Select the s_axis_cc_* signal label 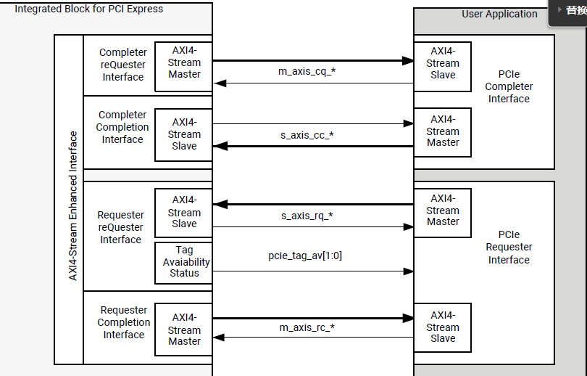[x=307, y=135]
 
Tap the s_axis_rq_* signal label [x=307, y=216]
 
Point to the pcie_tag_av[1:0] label [x=305, y=256]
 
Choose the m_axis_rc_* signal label [x=307, y=327]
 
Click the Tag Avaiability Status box [x=183, y=262]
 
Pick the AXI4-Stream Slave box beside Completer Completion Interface [x=184, y=134]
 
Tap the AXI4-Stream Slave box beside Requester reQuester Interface [x=184, y=212]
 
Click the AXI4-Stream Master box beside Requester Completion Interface [x=184, y=330]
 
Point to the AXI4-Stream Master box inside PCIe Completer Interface [x=442, y=131]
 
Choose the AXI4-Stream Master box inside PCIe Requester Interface [x=442, y=211]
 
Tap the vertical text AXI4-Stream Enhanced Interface [x=72, y=205]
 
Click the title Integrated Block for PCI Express [x=88, y=9]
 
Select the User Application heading [x=499, y=14]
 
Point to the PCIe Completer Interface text [x=509, y=86]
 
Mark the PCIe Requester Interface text [x=509, y=248]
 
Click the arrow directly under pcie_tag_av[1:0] [x=312, y=271]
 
